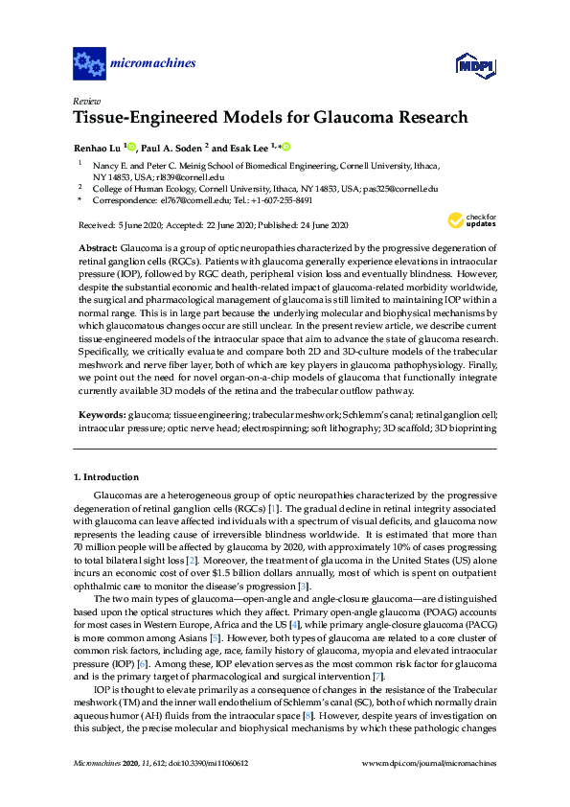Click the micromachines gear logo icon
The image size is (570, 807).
[89, 65]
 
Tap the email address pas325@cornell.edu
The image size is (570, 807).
[403, 189]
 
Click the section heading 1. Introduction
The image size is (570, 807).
[106, 476]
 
